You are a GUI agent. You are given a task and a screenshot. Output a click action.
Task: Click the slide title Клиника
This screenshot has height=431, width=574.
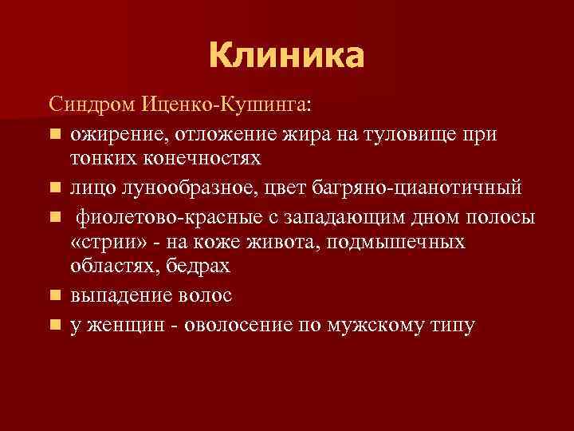[x=286, y=56]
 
